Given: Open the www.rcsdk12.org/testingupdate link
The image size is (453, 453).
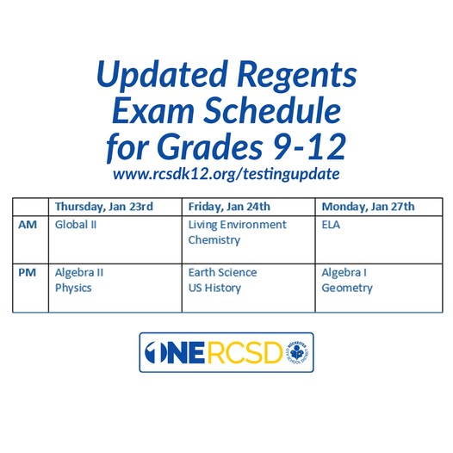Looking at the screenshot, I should click(x=226, y=173).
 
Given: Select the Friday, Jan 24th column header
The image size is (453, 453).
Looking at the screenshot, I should click(x=229, y=207).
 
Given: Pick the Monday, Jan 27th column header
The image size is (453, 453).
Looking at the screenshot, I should click(x=368, y=207).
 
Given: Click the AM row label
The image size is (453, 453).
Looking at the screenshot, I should click(x=27, y=225).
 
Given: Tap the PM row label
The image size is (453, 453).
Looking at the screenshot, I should click(x=27, y=272).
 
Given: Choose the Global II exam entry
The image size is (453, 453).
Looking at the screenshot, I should click(x=76, y=225).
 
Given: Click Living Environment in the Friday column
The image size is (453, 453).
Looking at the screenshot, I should click(x=237, y=225).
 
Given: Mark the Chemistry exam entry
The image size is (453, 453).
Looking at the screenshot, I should click(x=214, y=240).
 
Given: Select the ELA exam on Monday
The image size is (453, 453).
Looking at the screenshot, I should click(x=332, y=225).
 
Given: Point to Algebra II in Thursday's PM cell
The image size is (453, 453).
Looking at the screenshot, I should click(x=79, y=272).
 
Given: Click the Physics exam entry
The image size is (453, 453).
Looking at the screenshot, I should click(x=74, y=288).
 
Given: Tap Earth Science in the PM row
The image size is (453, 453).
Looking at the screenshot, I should click(x=222, y=272).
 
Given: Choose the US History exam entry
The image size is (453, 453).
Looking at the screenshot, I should click(x=214, y=288).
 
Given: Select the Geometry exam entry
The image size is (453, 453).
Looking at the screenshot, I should click(x=347, y=288).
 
